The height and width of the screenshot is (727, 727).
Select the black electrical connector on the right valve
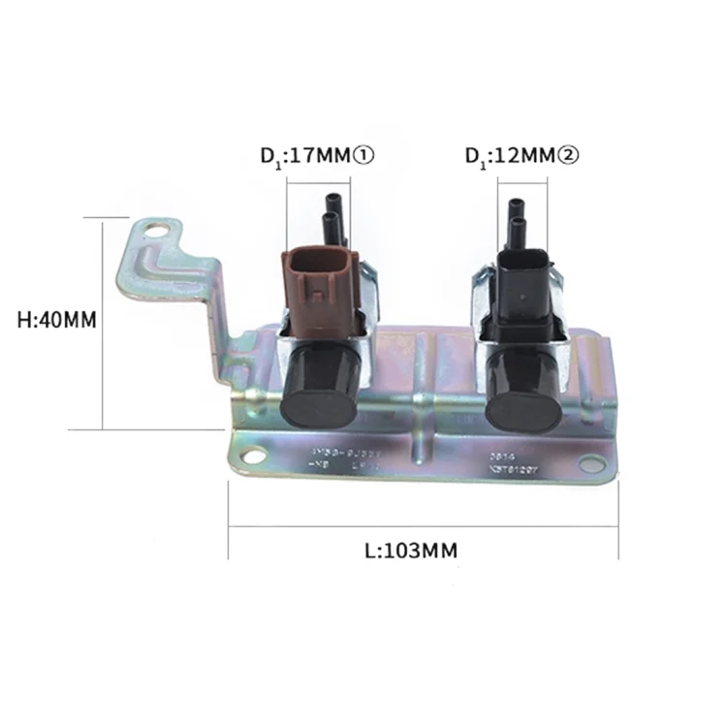pos(522,286)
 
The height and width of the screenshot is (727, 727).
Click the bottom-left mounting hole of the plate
pos(252,455)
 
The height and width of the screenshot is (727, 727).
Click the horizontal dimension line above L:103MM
pos(424,527)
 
